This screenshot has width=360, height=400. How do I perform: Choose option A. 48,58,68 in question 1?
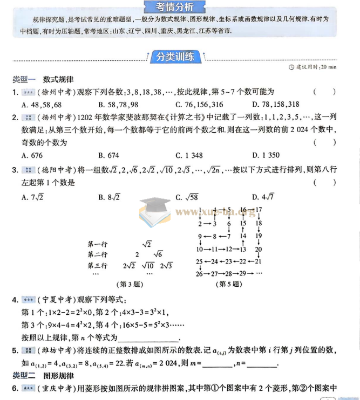coord(41,105)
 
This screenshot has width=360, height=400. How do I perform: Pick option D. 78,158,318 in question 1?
coord(275,105)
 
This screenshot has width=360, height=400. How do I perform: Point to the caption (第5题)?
coord(229,284)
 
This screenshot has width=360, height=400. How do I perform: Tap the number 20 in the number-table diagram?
coord(258,249)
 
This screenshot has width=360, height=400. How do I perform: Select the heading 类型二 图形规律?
coord(43,375)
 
